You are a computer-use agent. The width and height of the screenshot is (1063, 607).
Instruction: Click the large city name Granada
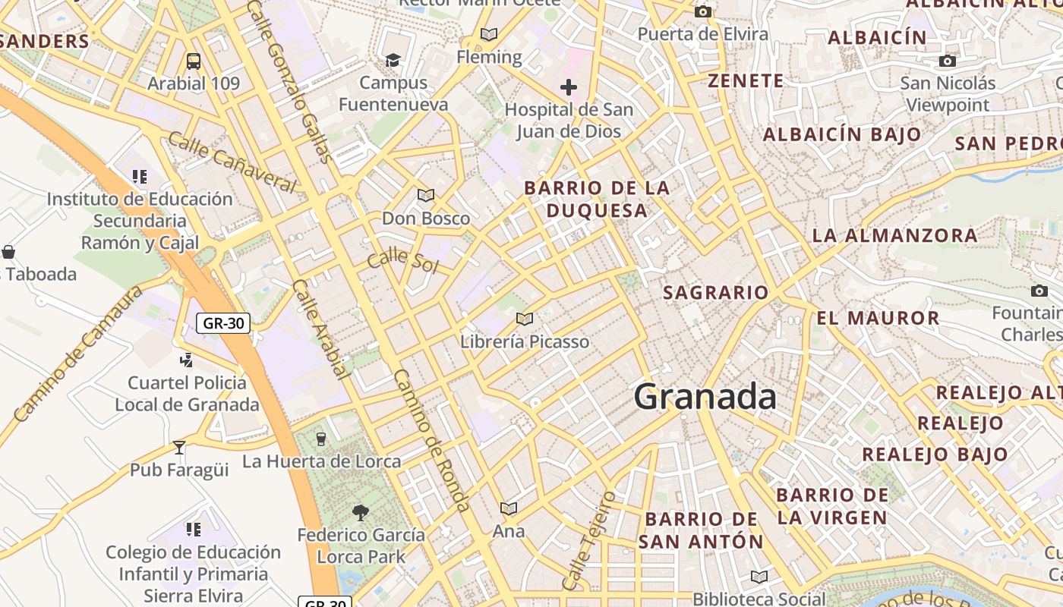pos(705,397)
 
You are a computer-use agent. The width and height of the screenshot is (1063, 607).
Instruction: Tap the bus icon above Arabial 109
pos(194,61)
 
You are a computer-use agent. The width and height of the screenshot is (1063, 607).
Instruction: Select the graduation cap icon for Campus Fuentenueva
pos(393,60)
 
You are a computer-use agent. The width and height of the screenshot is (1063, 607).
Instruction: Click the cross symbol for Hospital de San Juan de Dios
pos(568,87)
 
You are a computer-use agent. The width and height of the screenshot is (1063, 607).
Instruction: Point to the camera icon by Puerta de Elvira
pos(703,11)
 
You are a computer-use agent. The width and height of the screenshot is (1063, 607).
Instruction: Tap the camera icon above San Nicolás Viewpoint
pos(947,61)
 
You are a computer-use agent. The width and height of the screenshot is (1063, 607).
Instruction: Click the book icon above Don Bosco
pos(426,196)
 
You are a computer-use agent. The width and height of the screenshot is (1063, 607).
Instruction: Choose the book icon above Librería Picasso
pos(524,319)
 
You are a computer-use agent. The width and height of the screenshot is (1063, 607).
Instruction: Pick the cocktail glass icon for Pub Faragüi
pos(179,448)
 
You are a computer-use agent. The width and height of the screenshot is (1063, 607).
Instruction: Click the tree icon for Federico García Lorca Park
pos(361,513)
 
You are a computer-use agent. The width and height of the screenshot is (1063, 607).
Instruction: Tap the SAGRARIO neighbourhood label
pos(715,292)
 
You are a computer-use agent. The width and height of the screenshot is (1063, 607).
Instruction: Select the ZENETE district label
pos(746,80)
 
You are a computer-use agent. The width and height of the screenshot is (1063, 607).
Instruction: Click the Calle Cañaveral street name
pos(232,162)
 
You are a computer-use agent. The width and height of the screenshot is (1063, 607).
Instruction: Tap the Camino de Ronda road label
pos(432,440)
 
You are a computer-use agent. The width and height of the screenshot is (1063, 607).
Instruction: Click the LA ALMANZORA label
pos(895,235)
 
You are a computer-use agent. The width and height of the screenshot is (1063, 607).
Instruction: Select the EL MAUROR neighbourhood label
pos(878,318)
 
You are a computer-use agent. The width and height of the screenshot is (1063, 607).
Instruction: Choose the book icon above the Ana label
pos(508,508)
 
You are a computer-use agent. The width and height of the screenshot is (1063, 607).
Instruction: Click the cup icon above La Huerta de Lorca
pos(320,439)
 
